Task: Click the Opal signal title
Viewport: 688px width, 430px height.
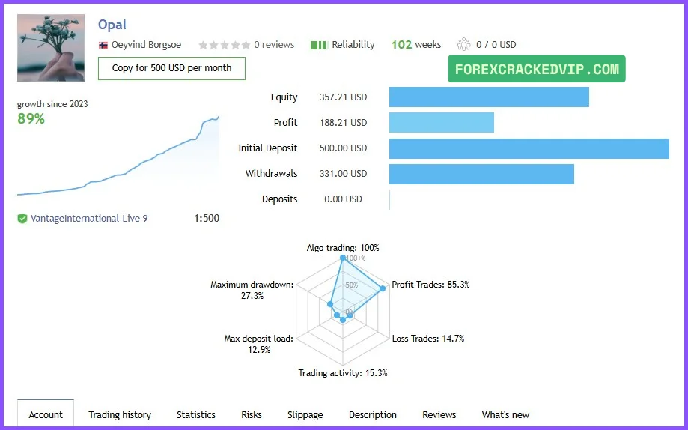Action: point(112,25)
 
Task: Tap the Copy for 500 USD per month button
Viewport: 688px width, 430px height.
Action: point(171,68)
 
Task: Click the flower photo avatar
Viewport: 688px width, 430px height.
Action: point(51,48)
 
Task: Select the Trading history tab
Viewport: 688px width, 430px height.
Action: point(120,414)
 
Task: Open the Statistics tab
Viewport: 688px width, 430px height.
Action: point(196,414)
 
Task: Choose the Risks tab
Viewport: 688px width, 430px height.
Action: point(252,414)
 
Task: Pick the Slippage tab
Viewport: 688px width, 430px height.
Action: point(305,414)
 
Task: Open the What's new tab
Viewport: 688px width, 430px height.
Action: point(505,414)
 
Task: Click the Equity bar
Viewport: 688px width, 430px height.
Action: point(489,97)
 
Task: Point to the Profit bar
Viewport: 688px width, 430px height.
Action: point(442,123)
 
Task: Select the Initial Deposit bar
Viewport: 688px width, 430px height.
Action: point(529,148)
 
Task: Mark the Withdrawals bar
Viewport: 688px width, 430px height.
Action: point(481,174)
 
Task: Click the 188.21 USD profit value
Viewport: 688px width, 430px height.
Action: point(343,123)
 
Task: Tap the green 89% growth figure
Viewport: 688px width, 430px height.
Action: point(31,118)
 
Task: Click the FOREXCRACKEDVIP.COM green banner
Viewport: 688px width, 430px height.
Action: point(537,70)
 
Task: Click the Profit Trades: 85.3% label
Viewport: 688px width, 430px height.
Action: point(430,285)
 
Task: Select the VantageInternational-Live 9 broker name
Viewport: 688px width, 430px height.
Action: point(89,219)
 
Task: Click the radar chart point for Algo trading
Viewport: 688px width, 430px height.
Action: point(343,258)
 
